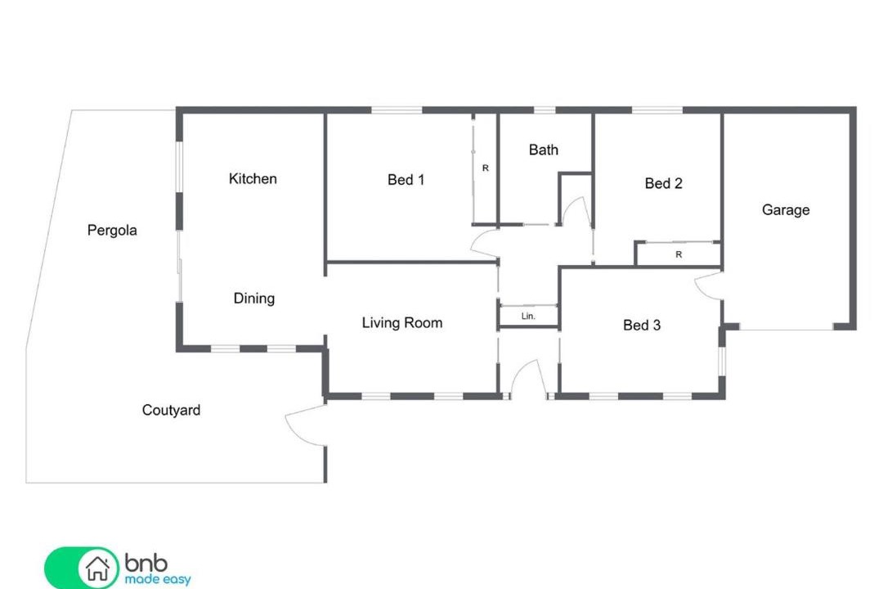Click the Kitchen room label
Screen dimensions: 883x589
pos(253,178)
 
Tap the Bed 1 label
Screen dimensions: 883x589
pos(406,180)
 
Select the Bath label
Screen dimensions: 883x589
pos(544,150)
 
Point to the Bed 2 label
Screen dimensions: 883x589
pos(663,183)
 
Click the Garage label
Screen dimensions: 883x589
pos(786,210)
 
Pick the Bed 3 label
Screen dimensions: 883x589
pos(642,326)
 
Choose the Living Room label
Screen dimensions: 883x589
pos(402,323)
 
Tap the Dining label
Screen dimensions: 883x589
pos(254,299)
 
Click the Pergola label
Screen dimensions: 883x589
pos(112,231)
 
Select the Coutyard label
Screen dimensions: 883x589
pos(171,411)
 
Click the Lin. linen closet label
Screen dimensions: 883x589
pos(528,317)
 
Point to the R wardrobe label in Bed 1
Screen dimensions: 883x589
pos(486,168)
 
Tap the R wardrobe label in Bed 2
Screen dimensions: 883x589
pos(679,254)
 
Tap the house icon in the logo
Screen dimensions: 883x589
pos(97,569)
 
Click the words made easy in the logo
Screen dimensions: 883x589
pos(158,579)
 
